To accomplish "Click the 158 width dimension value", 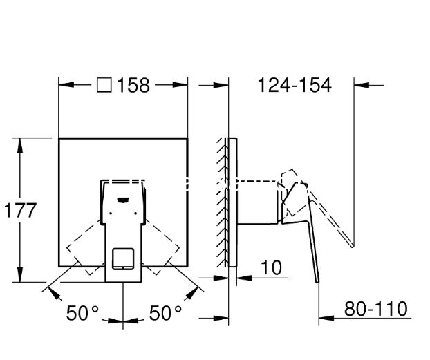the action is click(133, 85).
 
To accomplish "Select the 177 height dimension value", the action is click(20, 211).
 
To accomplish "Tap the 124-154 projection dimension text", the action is click(295, 85).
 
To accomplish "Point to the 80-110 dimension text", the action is click(375, 309).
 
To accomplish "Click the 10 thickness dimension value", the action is click(271, 267).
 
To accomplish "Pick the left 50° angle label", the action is click(82, 313).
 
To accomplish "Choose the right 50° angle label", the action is click(165, 313).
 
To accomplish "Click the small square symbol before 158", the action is click(104, 85).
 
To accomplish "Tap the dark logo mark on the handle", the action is click(123, 200).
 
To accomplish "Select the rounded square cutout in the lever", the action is click(124, 258).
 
